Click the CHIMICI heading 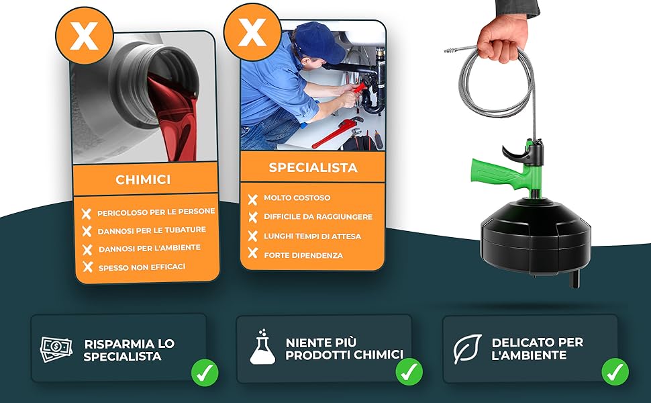coord(143,179)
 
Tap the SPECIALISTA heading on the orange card coord(313,167)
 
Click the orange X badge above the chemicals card coord(85,36)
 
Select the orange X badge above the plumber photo coord(252,32)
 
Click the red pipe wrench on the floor coord(337,132)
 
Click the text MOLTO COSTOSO coord(297,197)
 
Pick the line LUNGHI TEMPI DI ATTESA coord(312,236)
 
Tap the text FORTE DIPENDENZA coord(303,255)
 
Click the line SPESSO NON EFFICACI coord(142,267)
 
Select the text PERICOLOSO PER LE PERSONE coord(156,212)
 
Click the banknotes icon coord(56,349)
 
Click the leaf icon coord(468,349)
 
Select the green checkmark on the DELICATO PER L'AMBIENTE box coord(615,371)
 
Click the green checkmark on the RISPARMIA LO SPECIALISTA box coord(205,373)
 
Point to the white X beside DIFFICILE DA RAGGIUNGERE coord(253,218)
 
